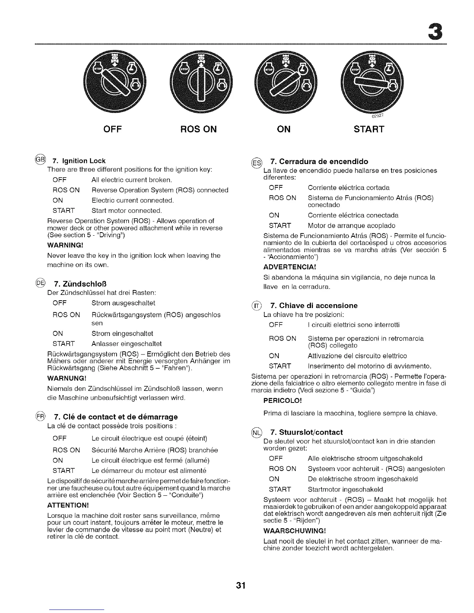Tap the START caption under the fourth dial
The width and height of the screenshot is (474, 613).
(x=369, y=129)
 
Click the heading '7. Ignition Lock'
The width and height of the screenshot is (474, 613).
(x=79, y=161)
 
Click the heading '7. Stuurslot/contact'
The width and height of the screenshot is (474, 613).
(x=306, y=432)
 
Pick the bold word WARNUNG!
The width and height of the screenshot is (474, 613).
(x=66, y=378)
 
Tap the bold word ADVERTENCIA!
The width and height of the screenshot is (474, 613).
(x=290, y=267)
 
